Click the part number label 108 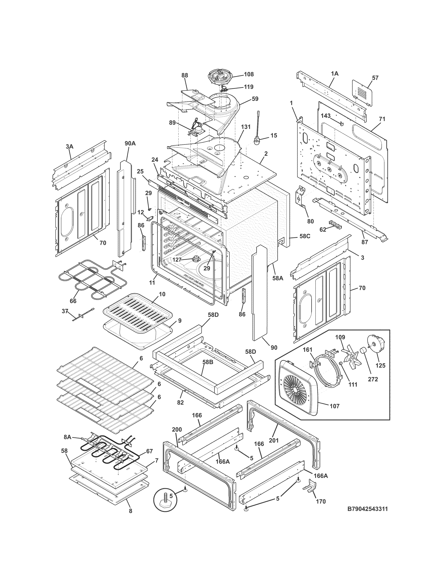(249, 74)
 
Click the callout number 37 (65, 311)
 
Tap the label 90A (130, 143)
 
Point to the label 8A (67, 437)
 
